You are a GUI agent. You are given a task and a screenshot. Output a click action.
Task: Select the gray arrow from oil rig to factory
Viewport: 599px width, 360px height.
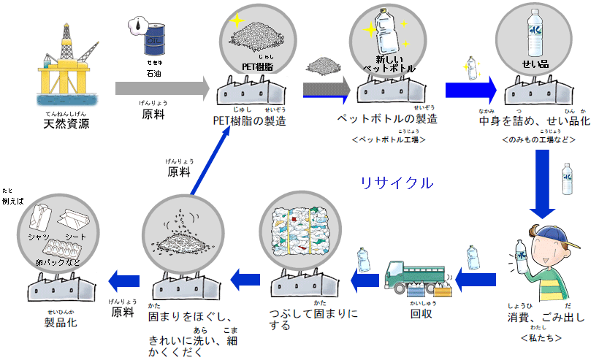(x=161, y=88)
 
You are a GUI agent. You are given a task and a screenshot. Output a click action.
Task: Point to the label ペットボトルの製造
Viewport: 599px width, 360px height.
(x=387, y=118)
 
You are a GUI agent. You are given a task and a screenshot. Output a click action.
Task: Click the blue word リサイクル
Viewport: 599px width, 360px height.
(x=397, y=183)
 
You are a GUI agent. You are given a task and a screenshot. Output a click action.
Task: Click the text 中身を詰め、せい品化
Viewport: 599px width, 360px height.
(x=534, y=120)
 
